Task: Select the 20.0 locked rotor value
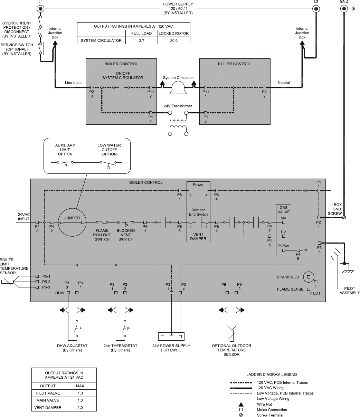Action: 174,40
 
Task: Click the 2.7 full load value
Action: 141,40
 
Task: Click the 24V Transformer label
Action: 178,106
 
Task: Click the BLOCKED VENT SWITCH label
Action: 126,235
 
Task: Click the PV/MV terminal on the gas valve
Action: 283,250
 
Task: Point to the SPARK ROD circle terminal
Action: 309,277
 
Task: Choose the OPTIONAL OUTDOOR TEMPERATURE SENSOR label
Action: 231,350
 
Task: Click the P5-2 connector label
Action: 46,282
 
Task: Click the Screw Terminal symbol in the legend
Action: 241,415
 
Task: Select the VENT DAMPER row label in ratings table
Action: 48,408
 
